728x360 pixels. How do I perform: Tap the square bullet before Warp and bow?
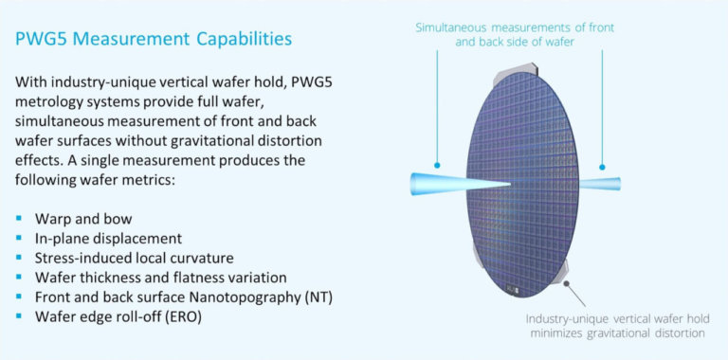(x=20, y=218)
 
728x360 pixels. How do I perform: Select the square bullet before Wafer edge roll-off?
(x=20, y=317)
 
